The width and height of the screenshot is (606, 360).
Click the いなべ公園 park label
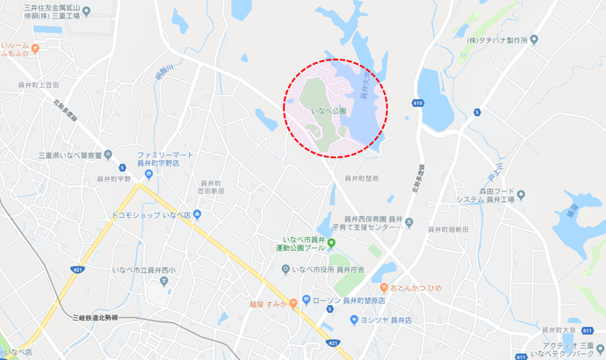click(329, 112)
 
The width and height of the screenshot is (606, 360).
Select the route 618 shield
click(416, 102)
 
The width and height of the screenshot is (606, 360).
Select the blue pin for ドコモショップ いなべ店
click(198, 213)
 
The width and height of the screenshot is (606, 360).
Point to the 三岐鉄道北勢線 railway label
click(103, 316)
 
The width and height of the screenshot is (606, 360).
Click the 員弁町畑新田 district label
click(448, 229)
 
